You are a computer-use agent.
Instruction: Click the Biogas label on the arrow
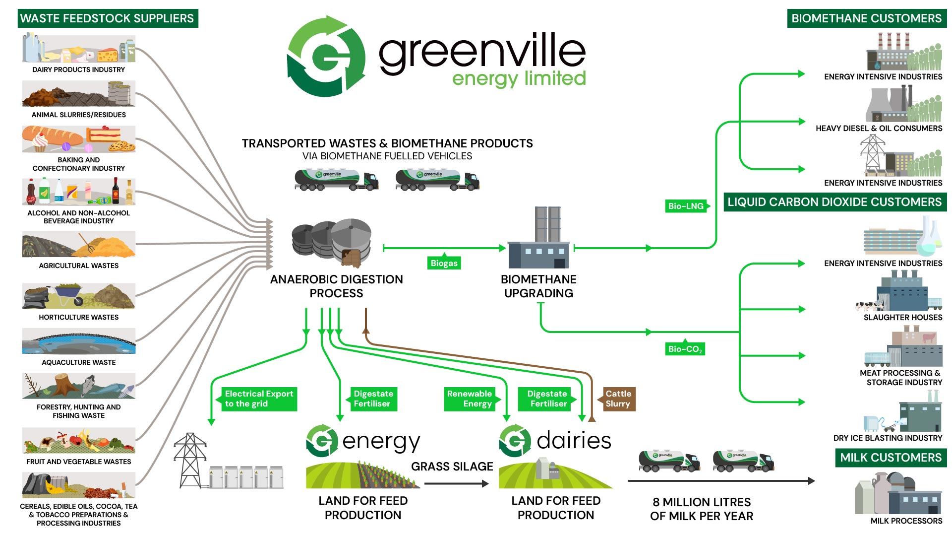pyautogui.click(x=444, y=263)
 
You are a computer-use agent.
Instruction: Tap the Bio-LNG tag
pyautogui.click(x=686, y=206)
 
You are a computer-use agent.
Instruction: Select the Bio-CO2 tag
pyautogui.click(x=685, y=349)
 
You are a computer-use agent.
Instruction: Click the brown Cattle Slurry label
pyautogui.click(x=618, y=399)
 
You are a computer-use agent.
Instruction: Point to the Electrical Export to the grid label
pyautogui.click(x=258, y=399)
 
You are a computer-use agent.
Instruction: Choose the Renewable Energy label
pyautogui.click(x=470, y=399)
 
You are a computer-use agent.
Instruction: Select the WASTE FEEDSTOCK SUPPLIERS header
pyautogui.click(x=107, y=18)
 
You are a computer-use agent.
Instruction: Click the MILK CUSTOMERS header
pyautogui.click(x=891, y=458)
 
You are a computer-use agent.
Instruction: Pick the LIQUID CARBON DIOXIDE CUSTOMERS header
pyautogui.click(x=834, y=202)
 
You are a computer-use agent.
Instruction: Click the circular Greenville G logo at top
pyautogui.click(x=326, y=56)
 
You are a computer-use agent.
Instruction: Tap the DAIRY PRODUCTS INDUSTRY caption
pyautogui.click(x=78, y=69)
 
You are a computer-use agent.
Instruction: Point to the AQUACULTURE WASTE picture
pyautogui.click(x=78, y=341)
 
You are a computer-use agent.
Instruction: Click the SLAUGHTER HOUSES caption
pyautogui.click(x=902, y=317)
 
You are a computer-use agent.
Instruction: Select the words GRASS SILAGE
pyautogui.click(x=452, y=467)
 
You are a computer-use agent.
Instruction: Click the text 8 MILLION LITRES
pyautogui.click(x=702, y=502)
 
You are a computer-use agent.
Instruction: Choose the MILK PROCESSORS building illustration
pyautogui.click(x=897, y=493)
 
